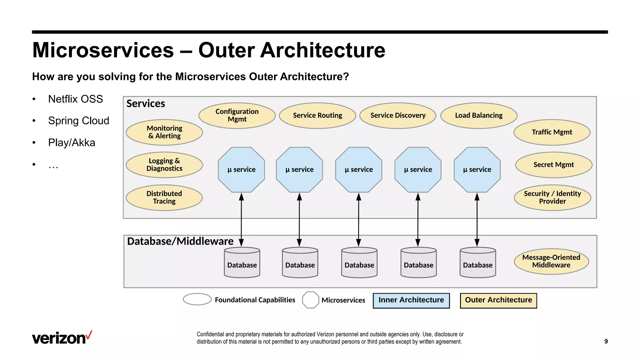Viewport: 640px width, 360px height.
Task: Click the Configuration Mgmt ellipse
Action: pyautogui.click(x=237, y=116)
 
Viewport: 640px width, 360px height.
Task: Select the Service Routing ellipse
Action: pyautogui.click(x=317, y=116)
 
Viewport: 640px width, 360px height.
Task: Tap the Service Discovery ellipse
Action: pyautogui.click(x=398, y=116)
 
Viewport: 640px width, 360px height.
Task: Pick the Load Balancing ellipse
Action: pyautogui.click(x=479, y=116)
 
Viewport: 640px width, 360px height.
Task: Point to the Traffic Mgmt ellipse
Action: pyautogui.click(x=552, y=132)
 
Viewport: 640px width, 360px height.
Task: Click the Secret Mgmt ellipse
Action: pyautogui.click(x=553, y=165)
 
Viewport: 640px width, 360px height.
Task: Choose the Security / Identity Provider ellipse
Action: pyautogui.click(x=552, y=197)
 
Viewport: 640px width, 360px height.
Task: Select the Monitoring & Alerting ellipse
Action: pyautogui.click(x=164, y=132)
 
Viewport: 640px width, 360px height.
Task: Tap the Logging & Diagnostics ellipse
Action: pyautogui.click(x=164, y=165)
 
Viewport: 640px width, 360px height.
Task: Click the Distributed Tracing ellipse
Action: pyautogui.click(x=164, y=197)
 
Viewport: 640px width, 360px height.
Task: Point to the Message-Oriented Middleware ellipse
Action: pyautogui.click(x=551, y=261)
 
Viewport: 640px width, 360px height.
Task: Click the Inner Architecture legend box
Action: pyautogui.click(x=411, y=300)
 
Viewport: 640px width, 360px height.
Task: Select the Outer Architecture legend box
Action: pyautogui.click(x=498, y=300)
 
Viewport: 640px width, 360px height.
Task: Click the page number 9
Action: pyautogui.click(x=606, y=341)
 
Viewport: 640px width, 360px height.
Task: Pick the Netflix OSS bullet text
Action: pyautogui.click(x=75, y=99)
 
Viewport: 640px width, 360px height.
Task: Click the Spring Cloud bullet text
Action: pyautogui.click(x=78, y=121)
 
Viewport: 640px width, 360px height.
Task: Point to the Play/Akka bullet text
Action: pyautogui.click(x=72, y=143)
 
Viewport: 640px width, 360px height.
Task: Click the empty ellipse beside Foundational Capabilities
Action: pyautogui.click(x=197, y=299)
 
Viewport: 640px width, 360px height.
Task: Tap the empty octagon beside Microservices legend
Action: pyautogui.click(x=311, y=300)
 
